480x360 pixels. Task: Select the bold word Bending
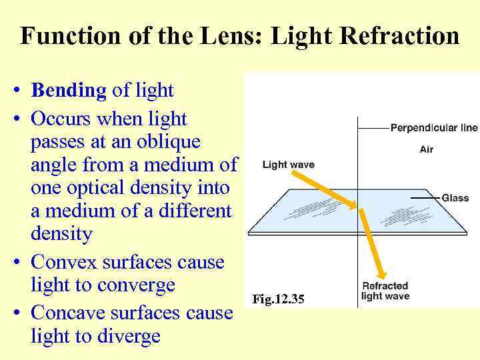[x=69, y=90]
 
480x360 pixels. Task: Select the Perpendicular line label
[x=433, y=127]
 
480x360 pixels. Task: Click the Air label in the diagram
[x=427, y=149]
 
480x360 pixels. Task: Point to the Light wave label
[x=288, y=165]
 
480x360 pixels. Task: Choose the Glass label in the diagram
[x=455, y=198]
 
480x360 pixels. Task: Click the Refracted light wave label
[x=385, y=291]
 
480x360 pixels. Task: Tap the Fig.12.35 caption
[x=278, y=299]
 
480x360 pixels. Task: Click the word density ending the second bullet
[x=61, y=234]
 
